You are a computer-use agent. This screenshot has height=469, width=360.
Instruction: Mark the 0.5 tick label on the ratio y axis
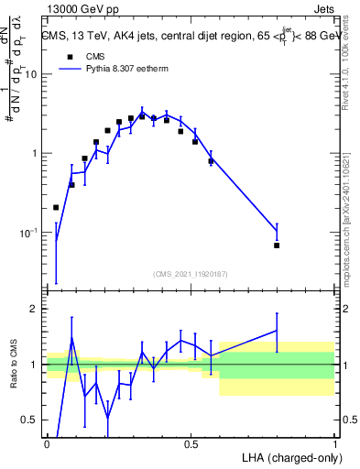point(29,420)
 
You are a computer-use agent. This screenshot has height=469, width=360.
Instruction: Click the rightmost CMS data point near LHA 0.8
point(277,245)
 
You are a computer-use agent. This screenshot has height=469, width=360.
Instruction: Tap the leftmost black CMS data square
point(57,208)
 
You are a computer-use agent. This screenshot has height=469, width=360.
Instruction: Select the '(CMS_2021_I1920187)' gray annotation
point(190,273)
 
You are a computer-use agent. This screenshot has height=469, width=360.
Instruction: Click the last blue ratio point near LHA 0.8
point(277,331)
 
